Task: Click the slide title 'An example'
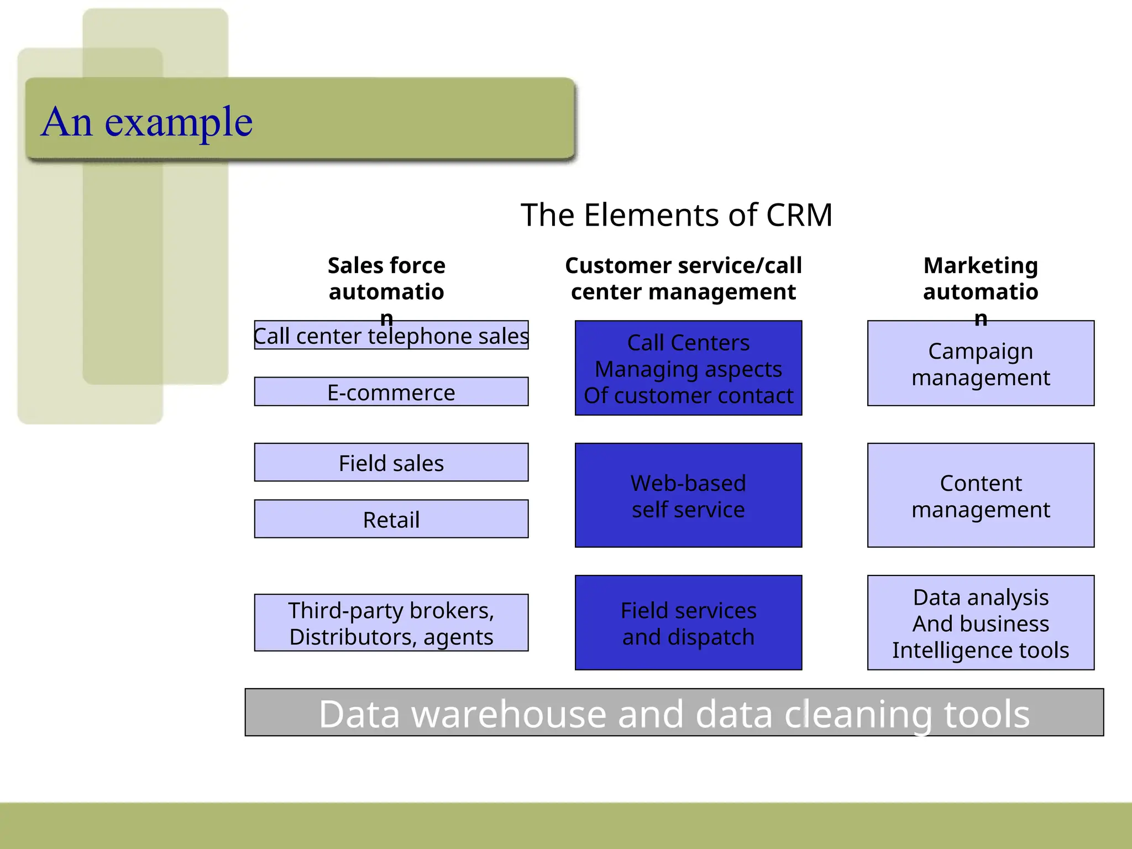coord(146,122)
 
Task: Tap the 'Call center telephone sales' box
coord(391,336)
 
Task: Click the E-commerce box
coord(391,392)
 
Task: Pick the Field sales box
coord(391,463)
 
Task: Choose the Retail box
coord(391,519)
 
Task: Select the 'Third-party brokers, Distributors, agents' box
coord(391,623)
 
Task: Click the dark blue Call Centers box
coord(688,368)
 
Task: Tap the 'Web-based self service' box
coord(688,495)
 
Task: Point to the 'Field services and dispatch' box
coord(688,623)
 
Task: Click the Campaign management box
coord(981,364)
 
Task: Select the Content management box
coord(981,495)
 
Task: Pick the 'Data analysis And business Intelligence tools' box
coord(981,623)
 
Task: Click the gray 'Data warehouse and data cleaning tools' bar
coord(674,712)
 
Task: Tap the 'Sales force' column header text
coord(386,266)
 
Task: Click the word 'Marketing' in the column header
coord(981,266)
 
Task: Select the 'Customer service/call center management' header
coord(683,279)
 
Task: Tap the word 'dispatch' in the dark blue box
coord(711,637)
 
